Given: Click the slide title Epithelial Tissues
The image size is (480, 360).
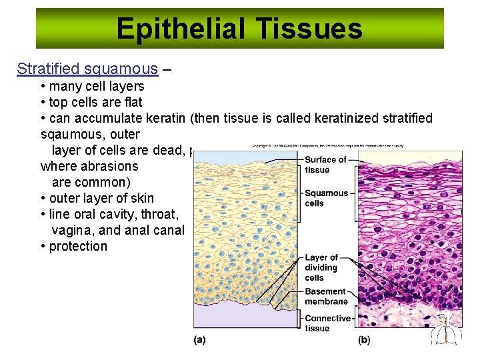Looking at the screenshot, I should click(x=239, y=29).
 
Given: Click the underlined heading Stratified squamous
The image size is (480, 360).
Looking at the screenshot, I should click(x=87, y=69).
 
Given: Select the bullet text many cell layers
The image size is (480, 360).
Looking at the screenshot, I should click(x=96, y=86).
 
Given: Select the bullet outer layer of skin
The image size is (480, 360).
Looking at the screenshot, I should click(x=101, y=198).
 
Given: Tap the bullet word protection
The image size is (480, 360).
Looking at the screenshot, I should click(x=77, y=246).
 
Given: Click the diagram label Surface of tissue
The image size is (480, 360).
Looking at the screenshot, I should click(x=325, y=165).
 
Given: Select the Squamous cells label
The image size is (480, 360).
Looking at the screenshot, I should click(x=327, y=198).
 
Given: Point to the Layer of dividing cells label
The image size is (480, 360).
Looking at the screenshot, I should click(x=321, y=267).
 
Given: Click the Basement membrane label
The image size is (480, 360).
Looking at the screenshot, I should click(x=325, y=297).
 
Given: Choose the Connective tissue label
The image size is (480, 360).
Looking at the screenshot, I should click(x=327, y=323).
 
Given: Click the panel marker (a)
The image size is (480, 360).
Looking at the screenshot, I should click(x=199, y=340).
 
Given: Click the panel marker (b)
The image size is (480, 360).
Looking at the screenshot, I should click(x=364, y=340).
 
